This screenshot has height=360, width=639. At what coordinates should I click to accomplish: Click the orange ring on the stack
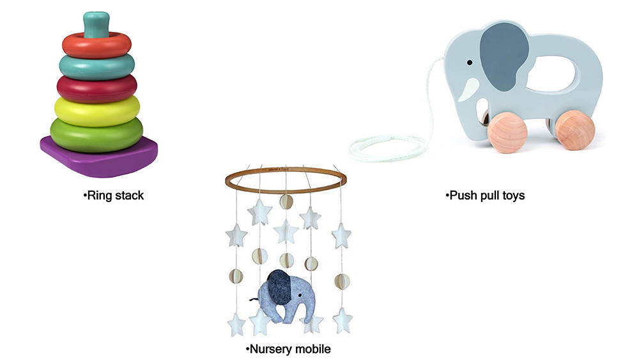point(97,43)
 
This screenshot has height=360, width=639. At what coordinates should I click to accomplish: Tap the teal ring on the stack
point(97,64)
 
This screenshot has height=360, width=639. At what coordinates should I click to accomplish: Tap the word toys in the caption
point(512,196)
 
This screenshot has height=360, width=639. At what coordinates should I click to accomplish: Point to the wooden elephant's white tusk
point(472,88)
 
